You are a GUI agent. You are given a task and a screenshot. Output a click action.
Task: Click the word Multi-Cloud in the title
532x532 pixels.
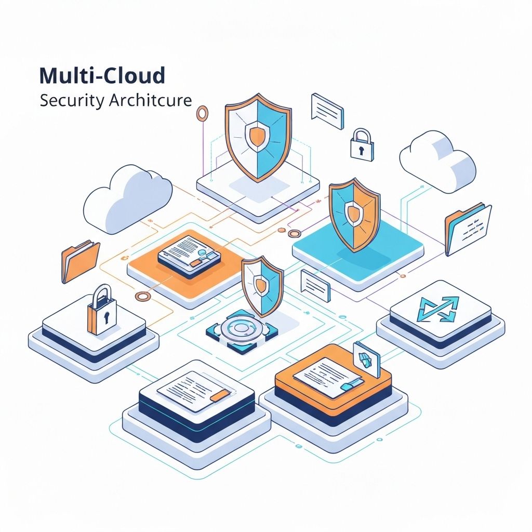102,76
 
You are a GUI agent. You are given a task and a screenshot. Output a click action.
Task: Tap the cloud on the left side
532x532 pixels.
128,197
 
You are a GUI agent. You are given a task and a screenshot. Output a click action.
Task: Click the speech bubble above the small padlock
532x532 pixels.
327,110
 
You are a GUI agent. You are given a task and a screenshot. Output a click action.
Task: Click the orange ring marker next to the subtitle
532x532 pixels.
202,112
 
